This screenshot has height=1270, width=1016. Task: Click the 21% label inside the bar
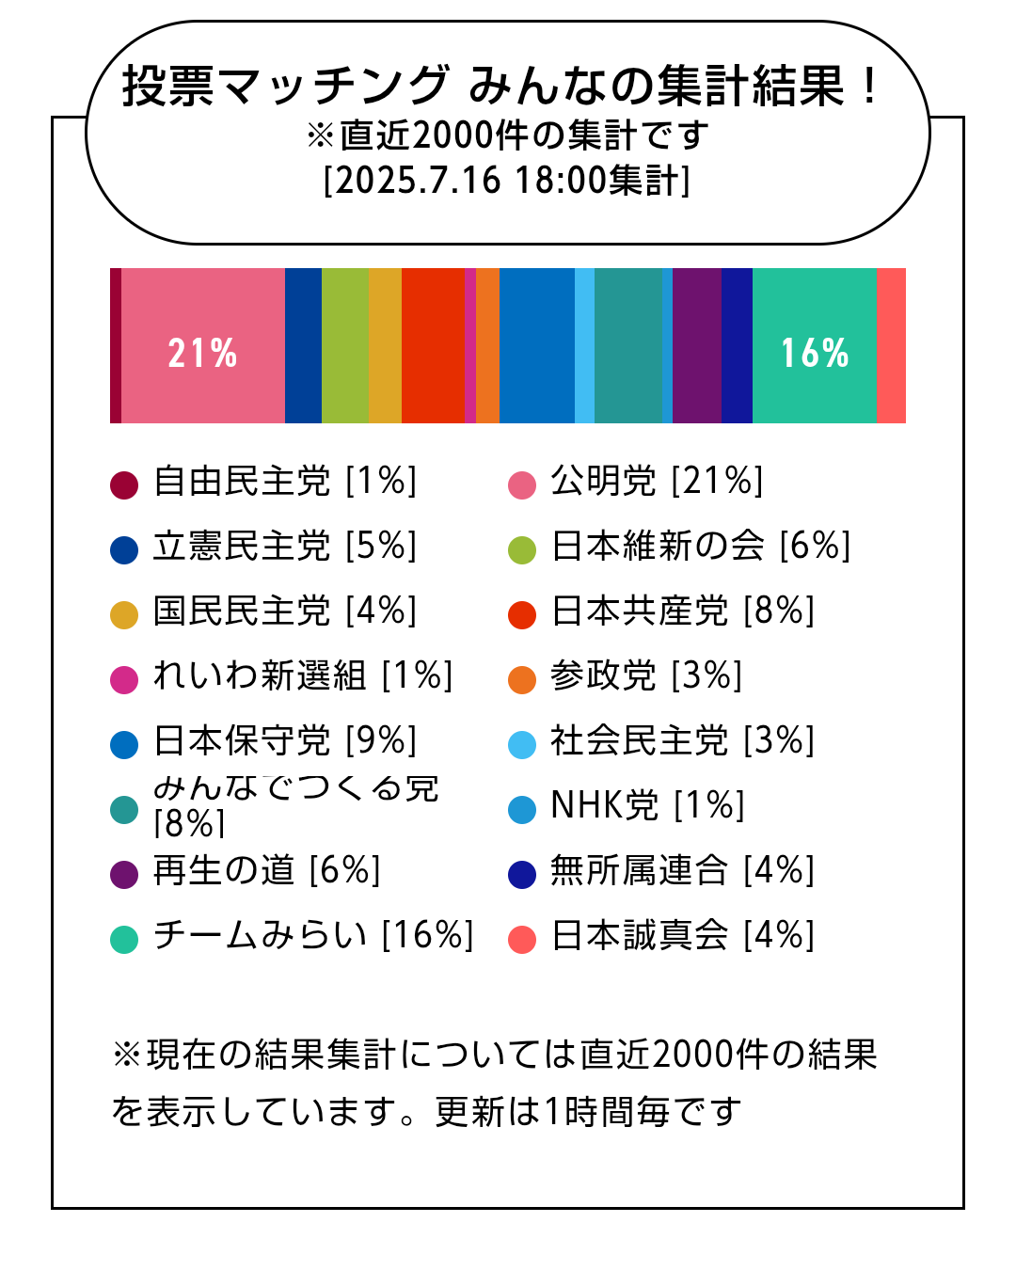(202, 353)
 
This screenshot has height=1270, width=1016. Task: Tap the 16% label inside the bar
(815, 353)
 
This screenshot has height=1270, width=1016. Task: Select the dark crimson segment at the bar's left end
(116, 345)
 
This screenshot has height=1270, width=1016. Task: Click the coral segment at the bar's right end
(891, 345)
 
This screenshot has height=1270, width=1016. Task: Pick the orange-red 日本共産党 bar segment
(433, 345)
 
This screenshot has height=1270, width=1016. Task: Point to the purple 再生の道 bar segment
(697, 345)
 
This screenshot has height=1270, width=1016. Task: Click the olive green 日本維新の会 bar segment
(345, 345)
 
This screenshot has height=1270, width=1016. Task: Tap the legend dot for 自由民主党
(124, 484)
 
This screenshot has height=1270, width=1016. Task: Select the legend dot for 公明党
(522, 484)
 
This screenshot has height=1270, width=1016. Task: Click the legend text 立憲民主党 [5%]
(284, 547)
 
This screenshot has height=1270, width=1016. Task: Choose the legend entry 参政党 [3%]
(646, 676)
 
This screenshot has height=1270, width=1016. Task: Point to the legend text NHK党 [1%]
(647, 806)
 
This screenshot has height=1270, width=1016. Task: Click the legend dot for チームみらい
(124, 939)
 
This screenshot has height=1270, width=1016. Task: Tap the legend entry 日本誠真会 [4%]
(682, 936)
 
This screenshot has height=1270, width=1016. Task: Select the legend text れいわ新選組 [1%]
(302, 676)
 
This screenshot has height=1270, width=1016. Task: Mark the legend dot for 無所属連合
(522, 874)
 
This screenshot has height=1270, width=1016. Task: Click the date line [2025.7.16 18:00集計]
(507, 180)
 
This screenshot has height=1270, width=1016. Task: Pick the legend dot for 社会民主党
(522, 744)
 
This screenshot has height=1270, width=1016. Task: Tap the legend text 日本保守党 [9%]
(284, 741)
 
